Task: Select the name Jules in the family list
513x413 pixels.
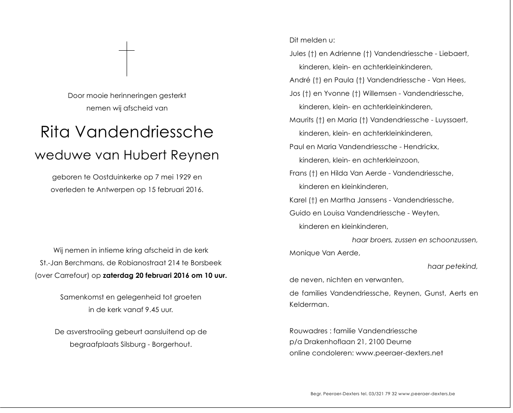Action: (297, 54)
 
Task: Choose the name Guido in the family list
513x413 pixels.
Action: (298, 213)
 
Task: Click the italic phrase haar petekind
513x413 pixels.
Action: (452, 266)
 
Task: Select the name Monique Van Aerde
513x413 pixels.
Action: (324, 253)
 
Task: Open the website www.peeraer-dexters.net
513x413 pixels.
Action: (399, 353)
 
